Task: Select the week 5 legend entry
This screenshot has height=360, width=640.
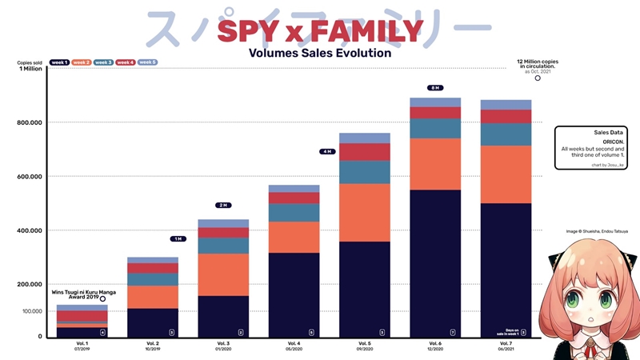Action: click(x=148, y=62)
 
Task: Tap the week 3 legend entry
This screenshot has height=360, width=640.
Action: click(x=104, y=62)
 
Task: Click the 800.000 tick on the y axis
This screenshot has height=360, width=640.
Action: click(x=29, y=122)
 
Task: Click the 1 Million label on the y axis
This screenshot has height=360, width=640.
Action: click(x=28, y=69)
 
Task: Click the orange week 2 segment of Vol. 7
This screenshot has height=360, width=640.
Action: click(x=506, y=174)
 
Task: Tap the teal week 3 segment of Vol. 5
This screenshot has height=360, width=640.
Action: click(x=364, y=172)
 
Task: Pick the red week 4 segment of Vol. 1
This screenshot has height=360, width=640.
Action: click(x=82, y=316)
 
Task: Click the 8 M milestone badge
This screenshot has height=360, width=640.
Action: click(x=435, y=88)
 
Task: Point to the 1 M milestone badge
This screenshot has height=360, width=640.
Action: click(x=178, y=238)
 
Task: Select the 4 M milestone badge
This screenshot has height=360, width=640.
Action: click(x=326, y=151)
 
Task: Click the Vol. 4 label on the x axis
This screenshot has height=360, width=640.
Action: click(x=294, y=343)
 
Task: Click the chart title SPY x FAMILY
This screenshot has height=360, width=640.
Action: click(x=320, y=31)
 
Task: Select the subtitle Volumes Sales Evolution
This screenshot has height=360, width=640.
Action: click(x=320, y=53)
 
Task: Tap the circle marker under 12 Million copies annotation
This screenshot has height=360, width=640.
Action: click(x=538, y=78)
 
